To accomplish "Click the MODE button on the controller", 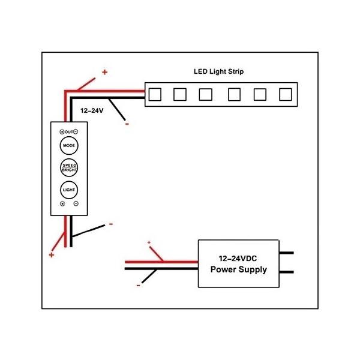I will coord(68,145).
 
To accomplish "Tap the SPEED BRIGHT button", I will coord(68,167).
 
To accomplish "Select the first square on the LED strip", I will coord(154,94).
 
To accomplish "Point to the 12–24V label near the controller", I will coord(92,111).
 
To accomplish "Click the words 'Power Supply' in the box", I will coord(239,269).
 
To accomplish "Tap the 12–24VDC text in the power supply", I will coord(239,257).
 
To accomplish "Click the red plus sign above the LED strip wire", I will coord(105,72).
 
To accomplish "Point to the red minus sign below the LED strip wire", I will coord(127,124).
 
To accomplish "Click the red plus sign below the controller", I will coord(52,255).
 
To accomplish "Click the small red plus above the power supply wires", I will coord(149,242).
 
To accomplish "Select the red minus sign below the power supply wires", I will coord(139,286).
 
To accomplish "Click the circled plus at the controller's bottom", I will coord(62,205).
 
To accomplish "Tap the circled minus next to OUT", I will coord(76,131).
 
